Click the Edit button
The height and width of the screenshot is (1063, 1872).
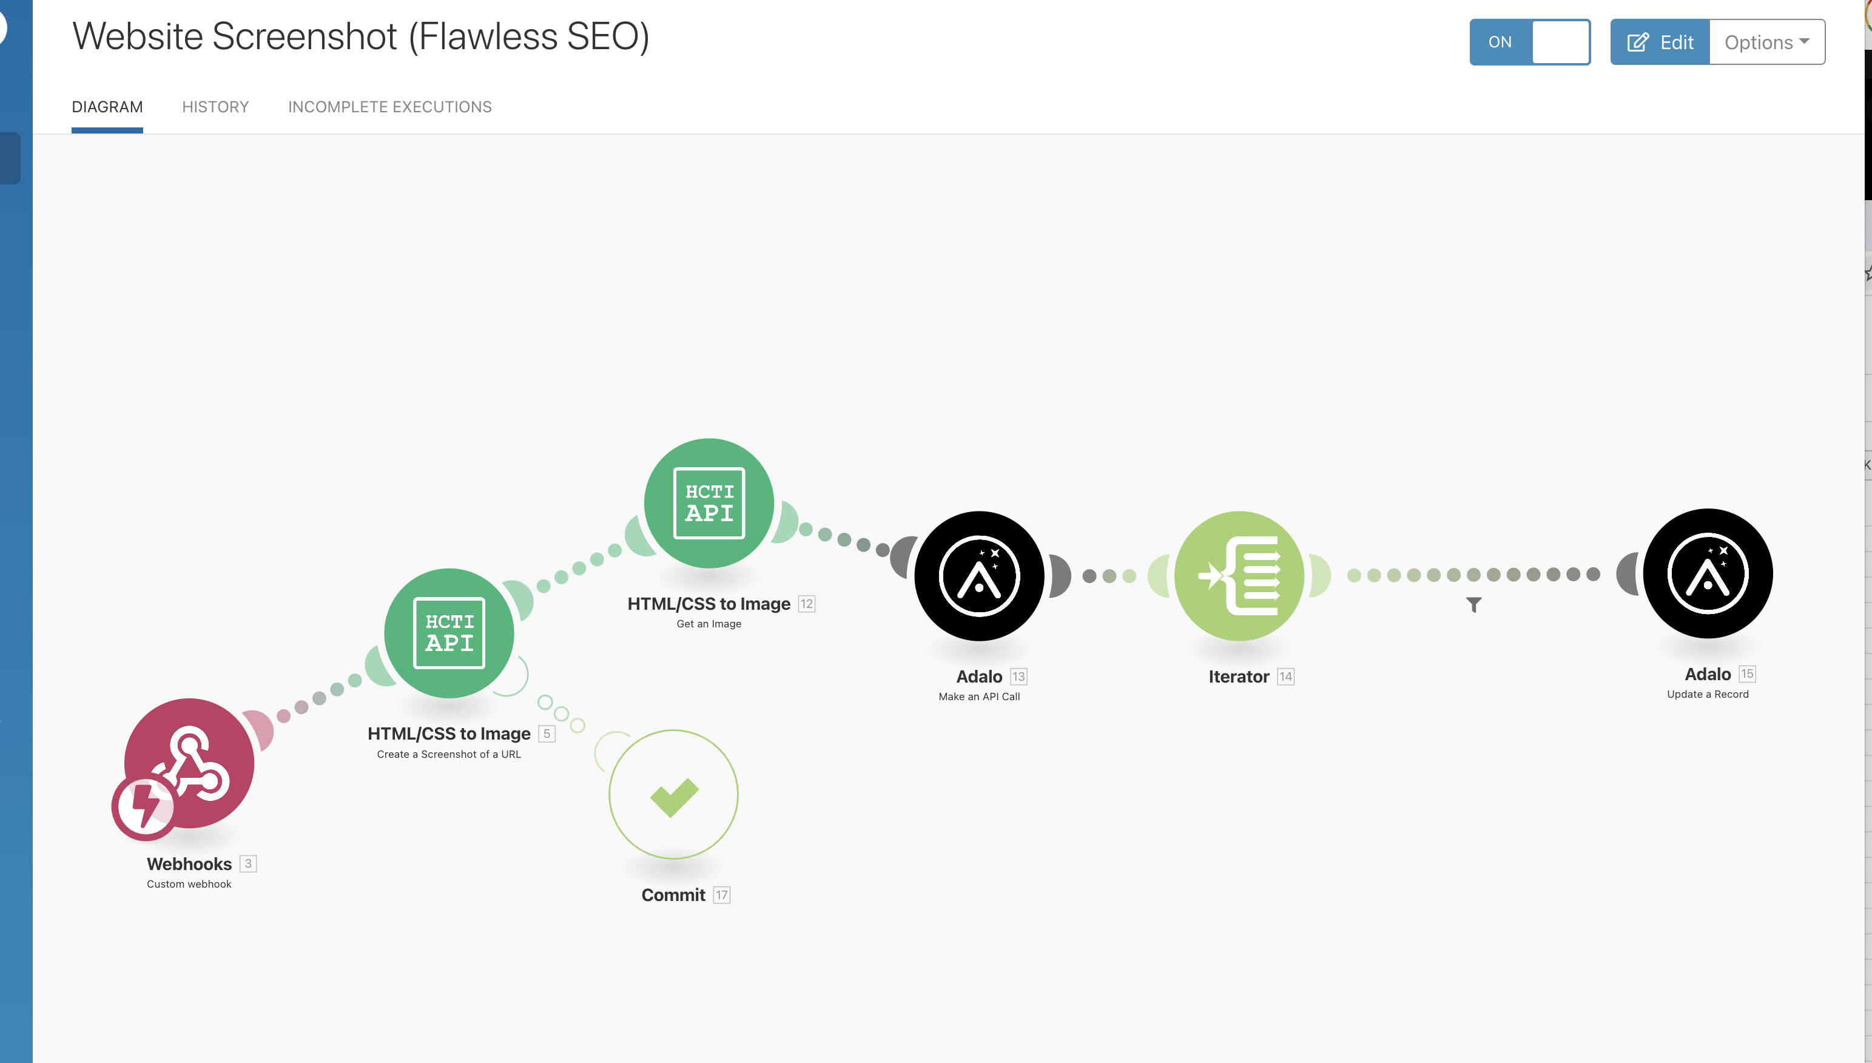click(x=1660, y=42)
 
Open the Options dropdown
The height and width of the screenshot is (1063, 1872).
click(x=1766, y=42)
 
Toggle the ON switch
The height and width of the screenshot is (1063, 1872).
click(x=1530, y=42)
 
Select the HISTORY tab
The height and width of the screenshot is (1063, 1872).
click(x=215, y=107)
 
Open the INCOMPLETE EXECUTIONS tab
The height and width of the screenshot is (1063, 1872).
click(x=389, y=107)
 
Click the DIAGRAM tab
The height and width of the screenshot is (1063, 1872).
click(x=107, y=107)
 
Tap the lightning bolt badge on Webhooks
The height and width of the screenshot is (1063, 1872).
click(x=144, y=807)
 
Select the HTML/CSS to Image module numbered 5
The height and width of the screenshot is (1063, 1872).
click(x=449, y=633)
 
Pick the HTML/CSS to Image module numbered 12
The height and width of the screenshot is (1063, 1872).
click(x=709, y=503)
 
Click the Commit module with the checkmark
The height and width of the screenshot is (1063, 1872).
click(x=673, y=794)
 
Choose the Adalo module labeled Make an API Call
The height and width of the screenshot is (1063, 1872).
click(x=978, y=576)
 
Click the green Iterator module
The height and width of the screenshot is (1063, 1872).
click(x=1239, y=576)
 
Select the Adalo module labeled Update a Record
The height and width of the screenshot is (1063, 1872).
click(x=1707, y=573)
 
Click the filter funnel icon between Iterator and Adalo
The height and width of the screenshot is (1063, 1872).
click(x=1473, y=604)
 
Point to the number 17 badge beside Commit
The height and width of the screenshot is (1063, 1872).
click(x=721, y=895)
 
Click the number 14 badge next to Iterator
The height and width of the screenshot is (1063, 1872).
click(x=1285, y=677)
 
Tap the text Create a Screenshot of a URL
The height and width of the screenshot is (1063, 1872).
click(x=449, y=754)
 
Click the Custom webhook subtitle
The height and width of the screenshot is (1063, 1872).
click(x=189, y=884)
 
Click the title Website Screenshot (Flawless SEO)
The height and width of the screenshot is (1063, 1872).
click(x=360, y=36)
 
